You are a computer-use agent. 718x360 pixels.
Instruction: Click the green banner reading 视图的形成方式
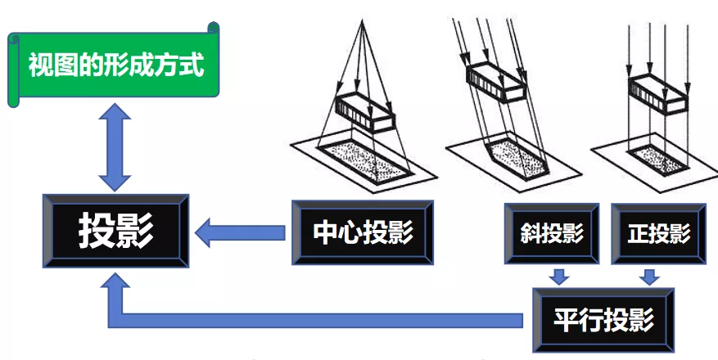pos(115,65)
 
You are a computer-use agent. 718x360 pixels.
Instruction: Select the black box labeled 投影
pos(116,232)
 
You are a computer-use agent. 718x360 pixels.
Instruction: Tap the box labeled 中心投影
pos(362,232)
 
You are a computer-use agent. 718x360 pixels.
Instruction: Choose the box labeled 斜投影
pos(552,233)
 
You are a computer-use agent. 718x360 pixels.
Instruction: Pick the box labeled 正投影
pos(657,233)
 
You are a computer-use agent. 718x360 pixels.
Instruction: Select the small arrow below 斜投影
pos(559,275)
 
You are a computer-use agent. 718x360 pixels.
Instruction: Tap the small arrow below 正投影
pos(650,275)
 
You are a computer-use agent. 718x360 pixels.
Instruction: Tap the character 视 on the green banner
pos(41,65)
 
